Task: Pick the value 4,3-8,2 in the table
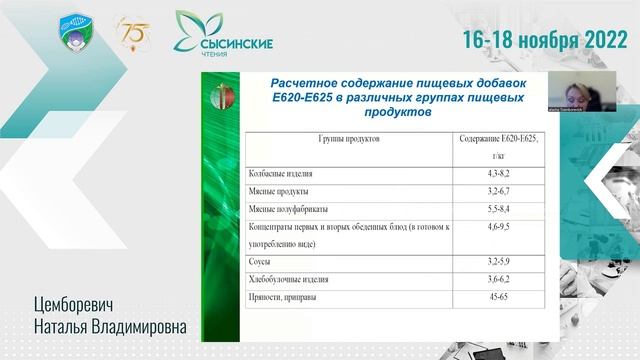click(498, 173)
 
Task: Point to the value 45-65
click(498, 297)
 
